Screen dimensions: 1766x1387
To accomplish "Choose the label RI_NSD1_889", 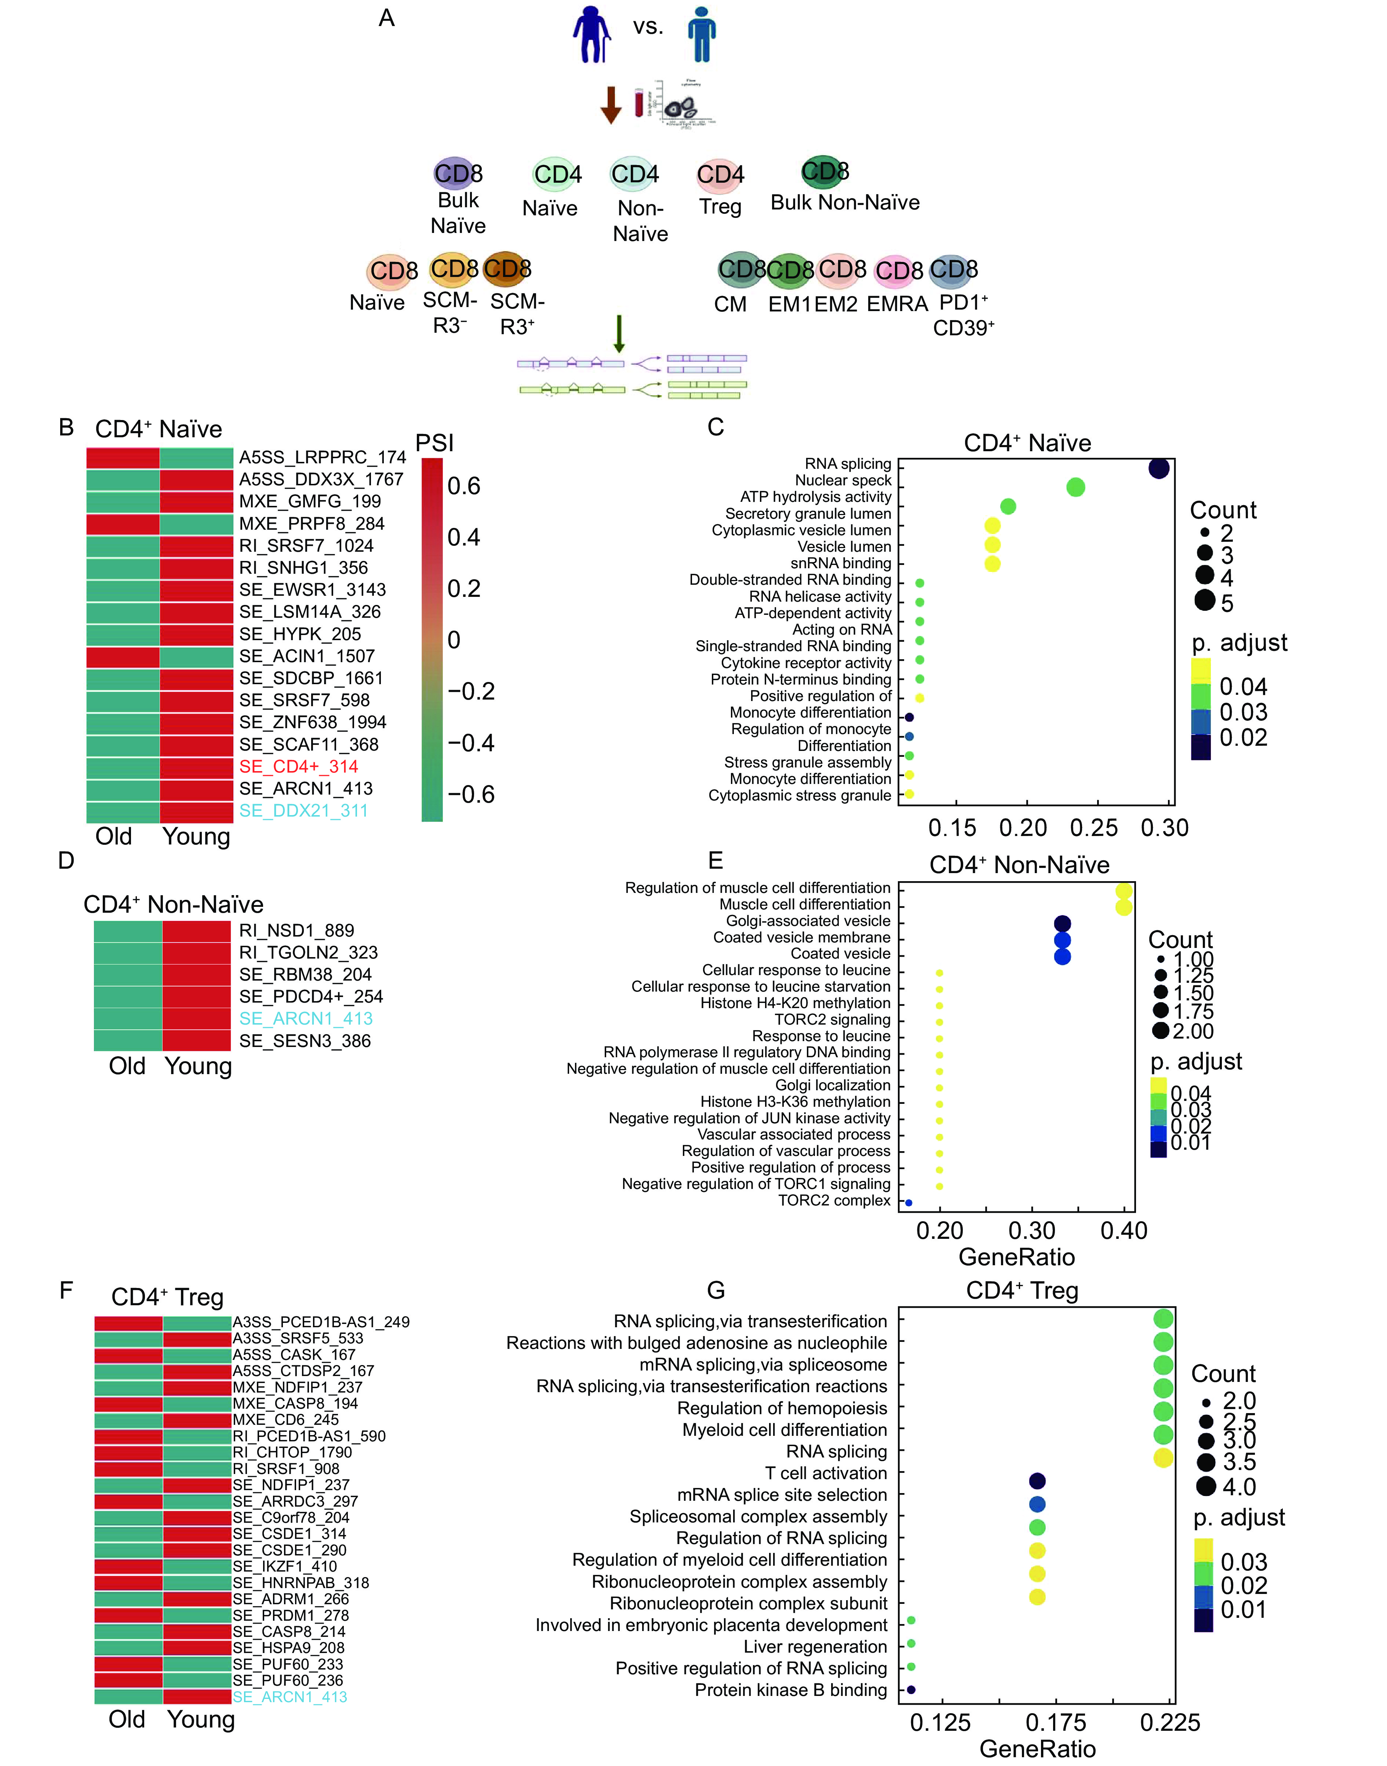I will coord(296,930).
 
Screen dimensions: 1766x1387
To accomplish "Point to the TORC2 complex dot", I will coord(909,1203).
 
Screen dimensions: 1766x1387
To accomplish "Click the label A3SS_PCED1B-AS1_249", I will coord(321,1322).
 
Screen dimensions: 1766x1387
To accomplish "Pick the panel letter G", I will coord(716,1290).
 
